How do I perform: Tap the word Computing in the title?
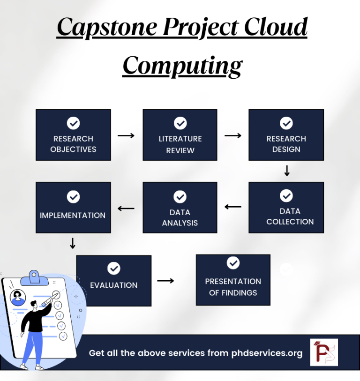182,65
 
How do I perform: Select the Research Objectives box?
73,135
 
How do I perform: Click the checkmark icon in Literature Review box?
180,123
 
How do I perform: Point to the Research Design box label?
286,144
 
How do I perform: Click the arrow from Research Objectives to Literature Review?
126,135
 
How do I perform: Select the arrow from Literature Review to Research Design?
233,135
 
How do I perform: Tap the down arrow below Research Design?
287,171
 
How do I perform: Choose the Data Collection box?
286,208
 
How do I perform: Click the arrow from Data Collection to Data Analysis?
233,207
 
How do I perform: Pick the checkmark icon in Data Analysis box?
180,196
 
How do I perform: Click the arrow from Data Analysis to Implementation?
126,209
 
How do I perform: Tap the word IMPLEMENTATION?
73,216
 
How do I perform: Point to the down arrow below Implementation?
73,243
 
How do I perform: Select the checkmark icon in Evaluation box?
114,268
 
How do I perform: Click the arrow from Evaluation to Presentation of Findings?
165,281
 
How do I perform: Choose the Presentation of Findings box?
233,280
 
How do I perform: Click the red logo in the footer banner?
323,352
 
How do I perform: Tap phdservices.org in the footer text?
267,353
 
